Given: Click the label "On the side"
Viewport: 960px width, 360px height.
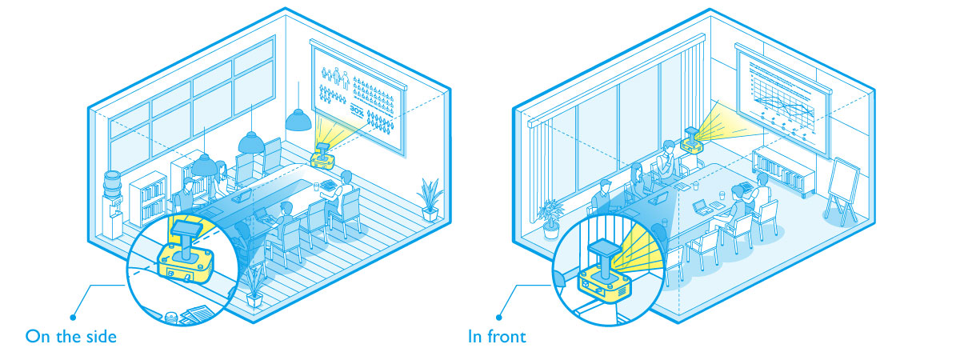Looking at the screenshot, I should click(71, 336).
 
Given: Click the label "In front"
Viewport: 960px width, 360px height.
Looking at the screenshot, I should click(497, 336).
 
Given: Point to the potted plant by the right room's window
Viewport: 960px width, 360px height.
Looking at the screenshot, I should click(550, 218).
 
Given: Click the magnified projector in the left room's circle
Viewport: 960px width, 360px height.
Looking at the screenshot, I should click(186, 254).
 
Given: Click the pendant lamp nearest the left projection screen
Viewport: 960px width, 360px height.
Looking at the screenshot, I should click(298, 119).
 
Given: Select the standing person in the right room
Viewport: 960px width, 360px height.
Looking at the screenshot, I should click(668, 160).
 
